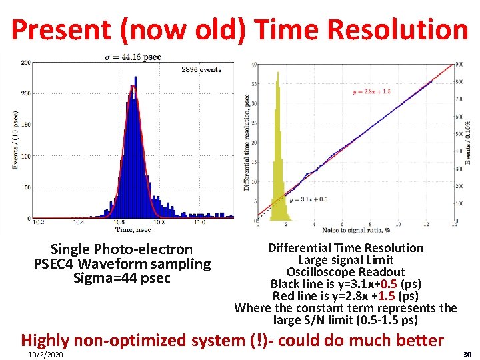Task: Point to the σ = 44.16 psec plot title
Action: [x=133, y=57]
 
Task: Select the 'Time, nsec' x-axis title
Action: [x=133, y=229]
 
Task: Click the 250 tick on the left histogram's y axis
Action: [x=26, y=63]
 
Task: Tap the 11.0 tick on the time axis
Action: [x=199, y=223]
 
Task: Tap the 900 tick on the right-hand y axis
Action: [x=459, y=65]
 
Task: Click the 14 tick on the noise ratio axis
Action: [x=453, y=225]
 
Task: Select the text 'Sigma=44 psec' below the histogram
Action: [x=122, y=277]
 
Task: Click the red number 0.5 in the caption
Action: [x=385, y=283]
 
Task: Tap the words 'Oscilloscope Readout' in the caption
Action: [x=345, y=271]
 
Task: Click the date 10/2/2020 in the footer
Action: [x=45, y=354]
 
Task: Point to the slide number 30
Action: [x=467, y=354]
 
